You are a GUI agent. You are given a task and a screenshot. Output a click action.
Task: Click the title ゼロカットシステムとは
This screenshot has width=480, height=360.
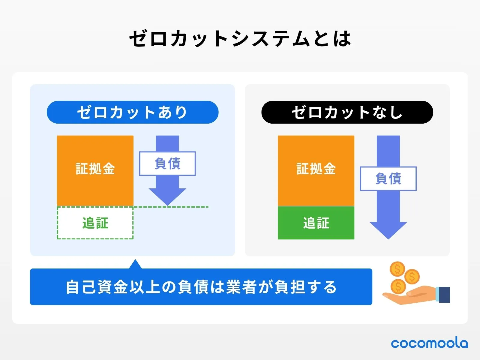(x=240, y=39)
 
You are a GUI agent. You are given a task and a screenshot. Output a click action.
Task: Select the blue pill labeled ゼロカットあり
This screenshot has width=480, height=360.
(x=133, y=112)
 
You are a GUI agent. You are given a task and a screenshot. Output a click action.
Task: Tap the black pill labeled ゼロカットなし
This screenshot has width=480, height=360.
(x=347, y=112)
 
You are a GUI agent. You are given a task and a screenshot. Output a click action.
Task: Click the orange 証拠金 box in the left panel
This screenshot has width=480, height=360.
(x=95, y=170)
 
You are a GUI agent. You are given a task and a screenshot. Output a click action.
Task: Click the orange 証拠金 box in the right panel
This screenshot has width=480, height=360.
(x=316, y=170)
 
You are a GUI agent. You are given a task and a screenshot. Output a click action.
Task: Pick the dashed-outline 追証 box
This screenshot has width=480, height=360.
(x=95, y=223)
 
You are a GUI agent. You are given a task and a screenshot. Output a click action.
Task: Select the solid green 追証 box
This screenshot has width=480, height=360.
(x=316, y=223)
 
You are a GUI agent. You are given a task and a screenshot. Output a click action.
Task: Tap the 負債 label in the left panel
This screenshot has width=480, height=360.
(x=167, y=163)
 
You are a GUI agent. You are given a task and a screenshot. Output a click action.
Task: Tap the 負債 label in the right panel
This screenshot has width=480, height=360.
(x=388, y=178)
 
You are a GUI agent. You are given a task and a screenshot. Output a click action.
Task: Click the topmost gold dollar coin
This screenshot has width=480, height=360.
(x=397, y=269)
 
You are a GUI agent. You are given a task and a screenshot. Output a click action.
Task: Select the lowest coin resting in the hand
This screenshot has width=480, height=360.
(x=398, y=286)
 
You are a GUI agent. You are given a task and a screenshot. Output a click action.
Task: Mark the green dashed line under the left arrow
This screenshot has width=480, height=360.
(x=186, y=207)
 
